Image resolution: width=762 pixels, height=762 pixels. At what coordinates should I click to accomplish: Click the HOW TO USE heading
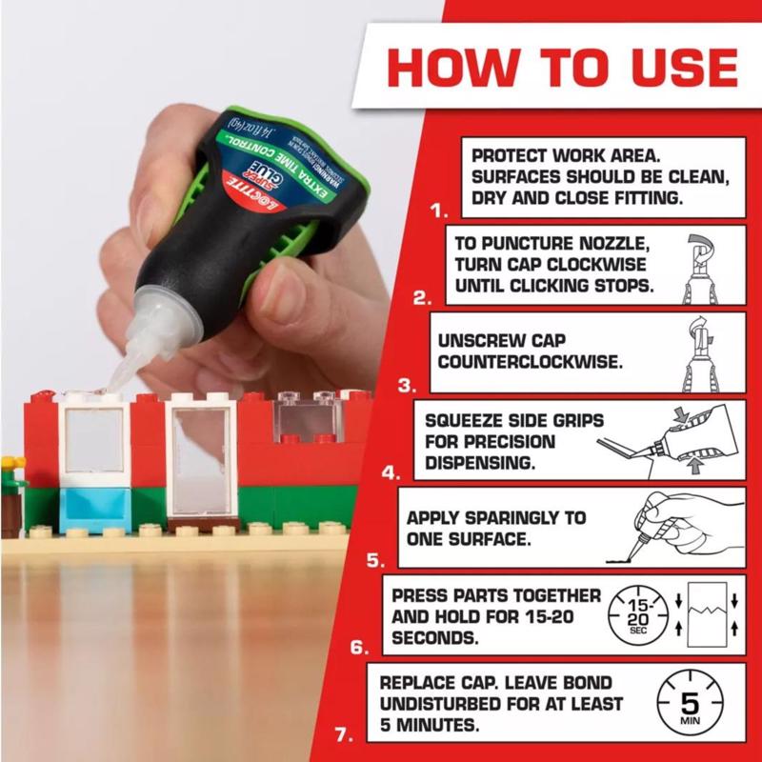click(x=562, y=68)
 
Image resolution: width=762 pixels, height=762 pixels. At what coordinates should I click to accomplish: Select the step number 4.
click(x=391, y=471)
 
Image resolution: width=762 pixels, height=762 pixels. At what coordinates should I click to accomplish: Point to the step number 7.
click(x=348, y=734)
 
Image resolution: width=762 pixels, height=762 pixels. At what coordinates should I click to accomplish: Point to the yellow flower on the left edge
click(x=8, y=465)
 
